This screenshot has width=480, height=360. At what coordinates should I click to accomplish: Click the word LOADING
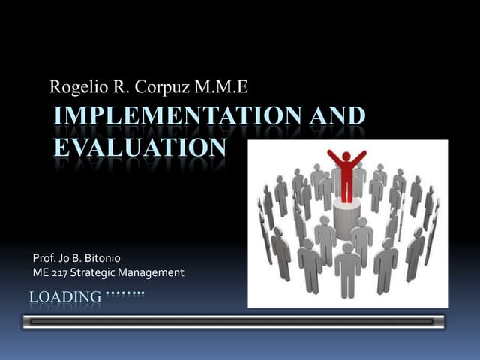coord(64,297)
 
